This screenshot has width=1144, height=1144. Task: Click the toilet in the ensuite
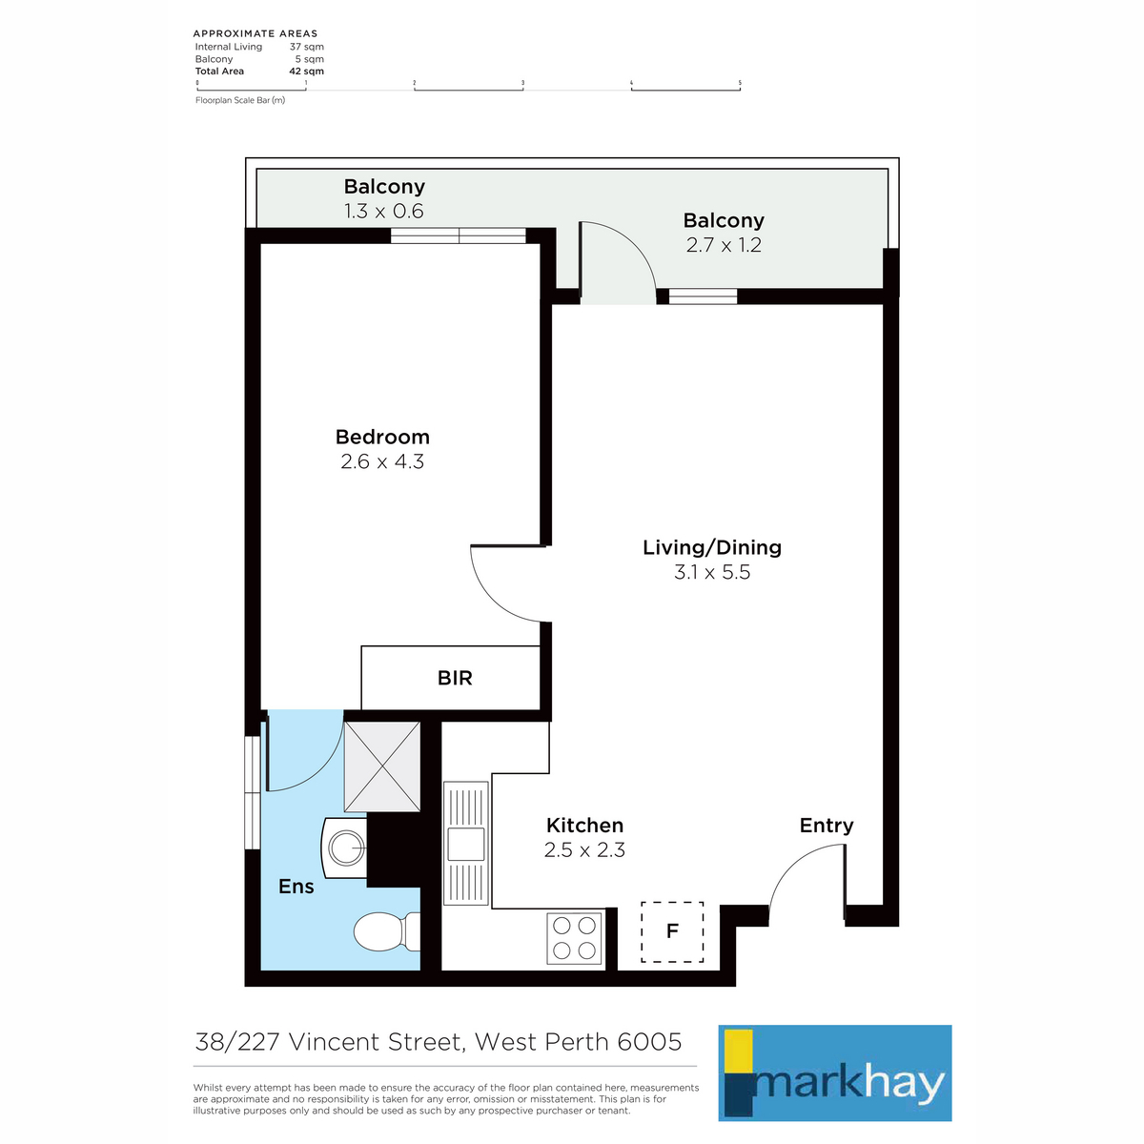click(x=386, y=930)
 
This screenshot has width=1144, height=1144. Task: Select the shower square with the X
click(x=381, y=766)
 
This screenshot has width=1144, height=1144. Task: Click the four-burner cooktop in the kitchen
click(x=574, y=938)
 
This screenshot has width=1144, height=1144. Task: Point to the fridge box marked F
click(x=672, y=931)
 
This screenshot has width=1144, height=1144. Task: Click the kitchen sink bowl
click(x=465, y=844)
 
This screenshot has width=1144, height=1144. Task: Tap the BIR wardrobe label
click(x=455, y=678)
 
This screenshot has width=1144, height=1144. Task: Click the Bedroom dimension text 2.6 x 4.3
click(x=382, y=461)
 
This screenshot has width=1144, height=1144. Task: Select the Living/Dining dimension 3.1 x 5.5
click(x=712, y=572)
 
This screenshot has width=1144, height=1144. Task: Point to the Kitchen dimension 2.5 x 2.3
click(x=584, y=850)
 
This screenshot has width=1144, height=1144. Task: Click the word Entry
click(x=827, y=826)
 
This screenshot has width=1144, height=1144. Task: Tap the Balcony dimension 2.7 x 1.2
click(x=724, y=245)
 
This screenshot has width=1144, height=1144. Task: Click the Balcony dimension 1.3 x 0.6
click(x=384, y=212)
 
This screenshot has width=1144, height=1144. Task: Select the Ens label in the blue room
click(x=296, y=887)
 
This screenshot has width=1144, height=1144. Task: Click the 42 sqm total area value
click(x=306, y=71)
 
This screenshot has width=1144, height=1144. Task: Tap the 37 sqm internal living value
click(x=307, y=47)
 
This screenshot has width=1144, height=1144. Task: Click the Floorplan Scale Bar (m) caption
click(x=240, y=100)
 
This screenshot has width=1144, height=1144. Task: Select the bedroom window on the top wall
click(x=459, y=235)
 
